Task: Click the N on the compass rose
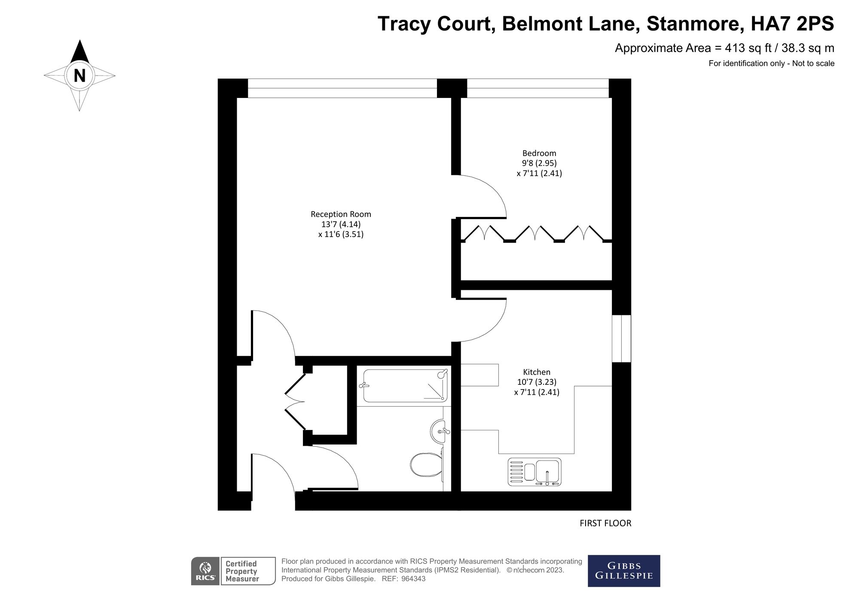point(79,76)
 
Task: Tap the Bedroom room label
point(539,153)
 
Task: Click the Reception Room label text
point(340,214)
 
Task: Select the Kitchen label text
point(536,372)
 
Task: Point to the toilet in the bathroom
point(425,465)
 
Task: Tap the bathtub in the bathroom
point(404,386)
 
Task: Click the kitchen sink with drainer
point(534,472)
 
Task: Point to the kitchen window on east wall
point(621,338)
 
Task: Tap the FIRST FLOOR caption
point(605,523)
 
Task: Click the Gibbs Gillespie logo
point(623,571)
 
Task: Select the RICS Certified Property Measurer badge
point(233,571)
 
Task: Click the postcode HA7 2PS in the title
point(792,24)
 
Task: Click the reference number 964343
point(413,579)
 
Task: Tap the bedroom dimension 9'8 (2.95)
point(539,163)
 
